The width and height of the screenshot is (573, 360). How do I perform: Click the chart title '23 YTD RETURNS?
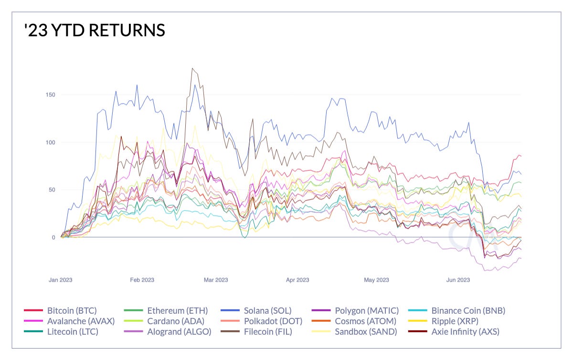[x=94, y=31]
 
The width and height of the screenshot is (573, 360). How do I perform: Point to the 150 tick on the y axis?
[x=50, y=95]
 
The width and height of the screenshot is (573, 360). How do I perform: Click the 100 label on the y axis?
[x=50, y=142]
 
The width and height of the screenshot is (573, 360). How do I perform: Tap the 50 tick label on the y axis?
[x=52, y=190]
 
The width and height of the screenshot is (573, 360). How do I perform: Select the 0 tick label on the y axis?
[x=53, y=237]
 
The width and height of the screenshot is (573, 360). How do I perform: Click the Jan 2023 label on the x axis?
[x=60, y=280]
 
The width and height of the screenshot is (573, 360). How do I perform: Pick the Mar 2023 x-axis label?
[x=216, y=280]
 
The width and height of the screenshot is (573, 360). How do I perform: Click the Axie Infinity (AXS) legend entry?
[x=465, y=332]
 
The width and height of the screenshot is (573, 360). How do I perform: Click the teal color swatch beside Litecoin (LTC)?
[x=33, y=332]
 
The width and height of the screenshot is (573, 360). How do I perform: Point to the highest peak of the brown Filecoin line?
[x=192, y=68]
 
